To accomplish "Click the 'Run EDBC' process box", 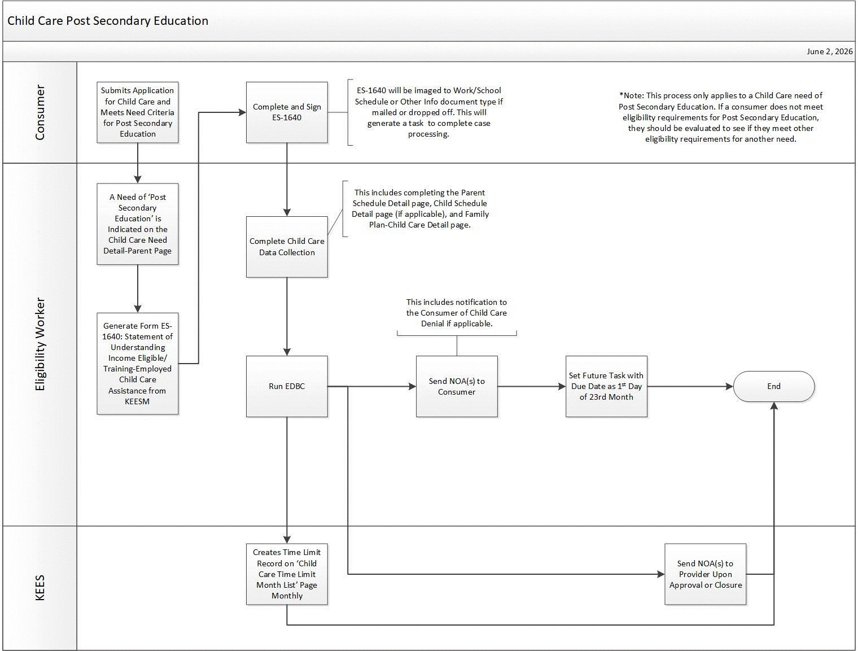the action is pyautogui.click(x=287, y=386).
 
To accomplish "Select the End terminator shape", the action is pyautogui.click(x=773, y=386).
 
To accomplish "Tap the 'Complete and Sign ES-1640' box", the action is pyautogui.click(x=287, y=112).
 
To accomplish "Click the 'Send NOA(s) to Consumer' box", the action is pyautogui.click(x=457, y=386).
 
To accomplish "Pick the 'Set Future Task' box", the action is pyautogui.click(x=606, y=386).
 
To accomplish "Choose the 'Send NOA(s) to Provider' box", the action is pyautogui.click(x=706, y=574).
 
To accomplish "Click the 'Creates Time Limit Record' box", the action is pyautogui.click(x=287, y=574).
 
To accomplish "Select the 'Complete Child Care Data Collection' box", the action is pyautogui.click(x=287, y=247).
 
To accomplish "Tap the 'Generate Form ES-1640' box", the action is pyautogui.click(x=138, y=364).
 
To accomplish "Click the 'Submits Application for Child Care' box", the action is pyautogui.click(x=138, y=112).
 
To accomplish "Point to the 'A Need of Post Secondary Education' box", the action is pyautogui.click(x=138, y=224).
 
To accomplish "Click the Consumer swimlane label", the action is pyautogui.click(x=40, y=112).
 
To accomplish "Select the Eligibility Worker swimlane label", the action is pyautogui.click(x=40, y=344).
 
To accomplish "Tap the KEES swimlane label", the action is pyautogui.click(x=40, y=588).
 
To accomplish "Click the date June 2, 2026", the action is pyautogui.click(x=829, y=51).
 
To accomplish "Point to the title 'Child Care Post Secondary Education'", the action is pyautogui.click(x=108, y=21).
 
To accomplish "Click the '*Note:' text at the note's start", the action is pyautogui.click(x=632, y=95).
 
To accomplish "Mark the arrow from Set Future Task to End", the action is pyautogui.click(x=690, y=386).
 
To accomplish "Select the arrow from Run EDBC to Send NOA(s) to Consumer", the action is pyautogui.click(x=372, y=386).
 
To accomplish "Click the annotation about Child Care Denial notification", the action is pyautogui.click(x=457, y=313).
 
